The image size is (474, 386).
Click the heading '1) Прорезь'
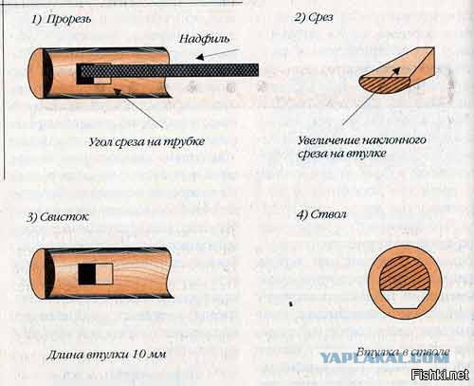click(61, 19)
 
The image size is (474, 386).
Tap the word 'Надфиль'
click(205, 39)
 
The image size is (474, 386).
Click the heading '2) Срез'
click(314, 17)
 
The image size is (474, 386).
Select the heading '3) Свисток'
click(57, 217)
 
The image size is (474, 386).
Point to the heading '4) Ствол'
click(321, 214)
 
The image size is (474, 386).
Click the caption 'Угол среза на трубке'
click(147, 142)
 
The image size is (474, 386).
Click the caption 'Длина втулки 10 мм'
click(106, 355)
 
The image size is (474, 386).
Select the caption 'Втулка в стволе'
click(403, 352)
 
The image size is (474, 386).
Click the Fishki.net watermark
click(440, 375)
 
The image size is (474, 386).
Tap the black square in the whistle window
click(87, 274)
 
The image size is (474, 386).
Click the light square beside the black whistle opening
click(104, 274)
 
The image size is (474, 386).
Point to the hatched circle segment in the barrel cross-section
click(405, 274)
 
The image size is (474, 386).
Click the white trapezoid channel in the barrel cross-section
click(405, 300)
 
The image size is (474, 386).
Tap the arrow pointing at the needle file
click(217, 54)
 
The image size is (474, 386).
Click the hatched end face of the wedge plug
click(384, 84)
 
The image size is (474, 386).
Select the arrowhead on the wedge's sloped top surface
click(396, 71)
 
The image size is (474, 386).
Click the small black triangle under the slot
click(118, 92)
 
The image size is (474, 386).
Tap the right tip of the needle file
click(259, 70)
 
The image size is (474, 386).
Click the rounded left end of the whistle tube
click(39, 274)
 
